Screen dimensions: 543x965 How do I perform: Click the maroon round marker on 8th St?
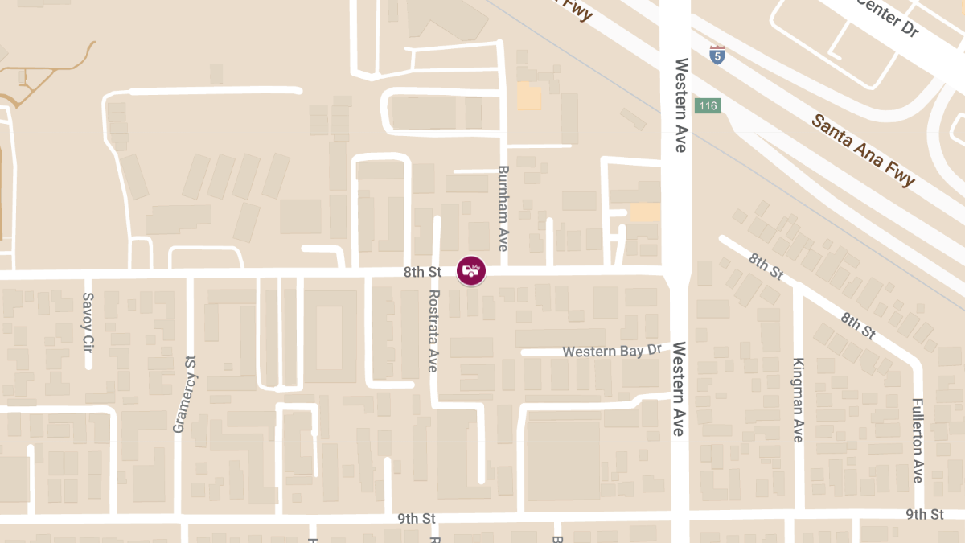tap(471, 270)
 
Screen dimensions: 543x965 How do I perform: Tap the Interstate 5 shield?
tap(717, 55)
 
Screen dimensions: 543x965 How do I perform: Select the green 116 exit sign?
tap(708, 106)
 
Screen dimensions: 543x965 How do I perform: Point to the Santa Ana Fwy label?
tap(863, 150)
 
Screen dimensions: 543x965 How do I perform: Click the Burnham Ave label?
tap(503, 208)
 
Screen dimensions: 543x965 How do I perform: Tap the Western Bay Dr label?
tap(611, 352)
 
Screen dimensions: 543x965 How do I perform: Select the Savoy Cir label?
tap(88, 322)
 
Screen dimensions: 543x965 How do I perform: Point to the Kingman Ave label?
tap(798, 400)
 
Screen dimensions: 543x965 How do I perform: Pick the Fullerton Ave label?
tap(918, 440)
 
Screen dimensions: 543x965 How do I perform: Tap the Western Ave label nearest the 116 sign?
tap(680, 105)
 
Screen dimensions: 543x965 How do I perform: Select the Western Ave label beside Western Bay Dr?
tap(679, 389)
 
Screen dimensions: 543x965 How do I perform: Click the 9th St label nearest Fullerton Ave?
tap(925, 514)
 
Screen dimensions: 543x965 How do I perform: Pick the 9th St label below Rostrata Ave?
tap(416, 519)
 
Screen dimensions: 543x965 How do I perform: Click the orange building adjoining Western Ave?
tap(645, 212)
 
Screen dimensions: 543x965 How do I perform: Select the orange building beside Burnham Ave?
tap(529, 97)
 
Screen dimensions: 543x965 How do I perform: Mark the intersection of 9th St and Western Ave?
tap(680, 515)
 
